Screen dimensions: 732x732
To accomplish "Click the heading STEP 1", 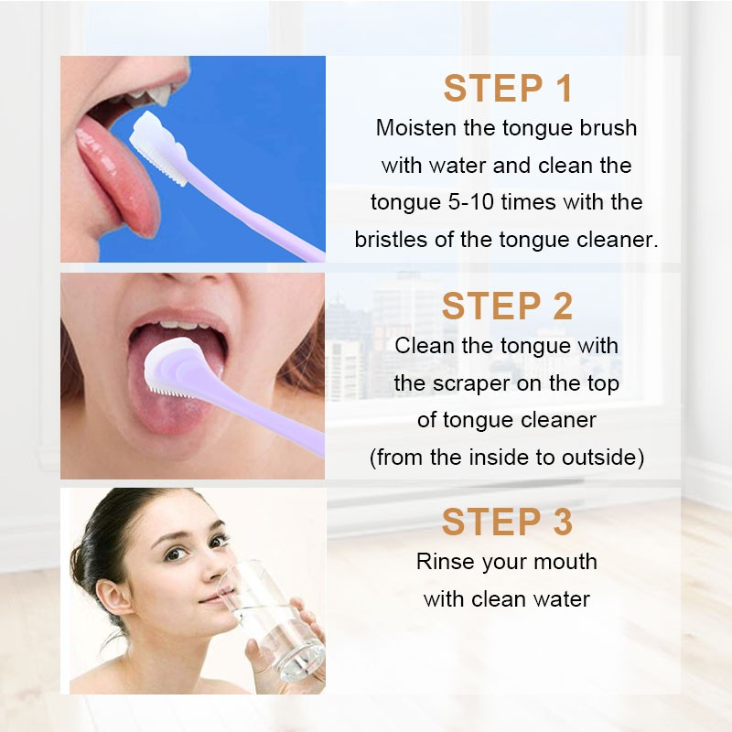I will click(x=508, y=89).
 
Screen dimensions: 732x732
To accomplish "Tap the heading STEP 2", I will click(x=507, y=307).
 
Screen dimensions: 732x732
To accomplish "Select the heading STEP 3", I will click(x=507, y=522).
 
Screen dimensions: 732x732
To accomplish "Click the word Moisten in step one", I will click(x=417, y=128).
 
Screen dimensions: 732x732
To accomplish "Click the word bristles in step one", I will click(x=393, y=240).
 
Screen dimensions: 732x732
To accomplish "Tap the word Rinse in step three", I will click(x=444, y=561).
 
